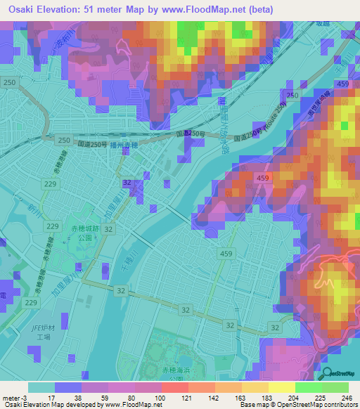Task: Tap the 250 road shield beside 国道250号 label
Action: (63, 140)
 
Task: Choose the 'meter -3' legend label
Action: (14, 398)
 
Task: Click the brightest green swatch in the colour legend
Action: (308, 387)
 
